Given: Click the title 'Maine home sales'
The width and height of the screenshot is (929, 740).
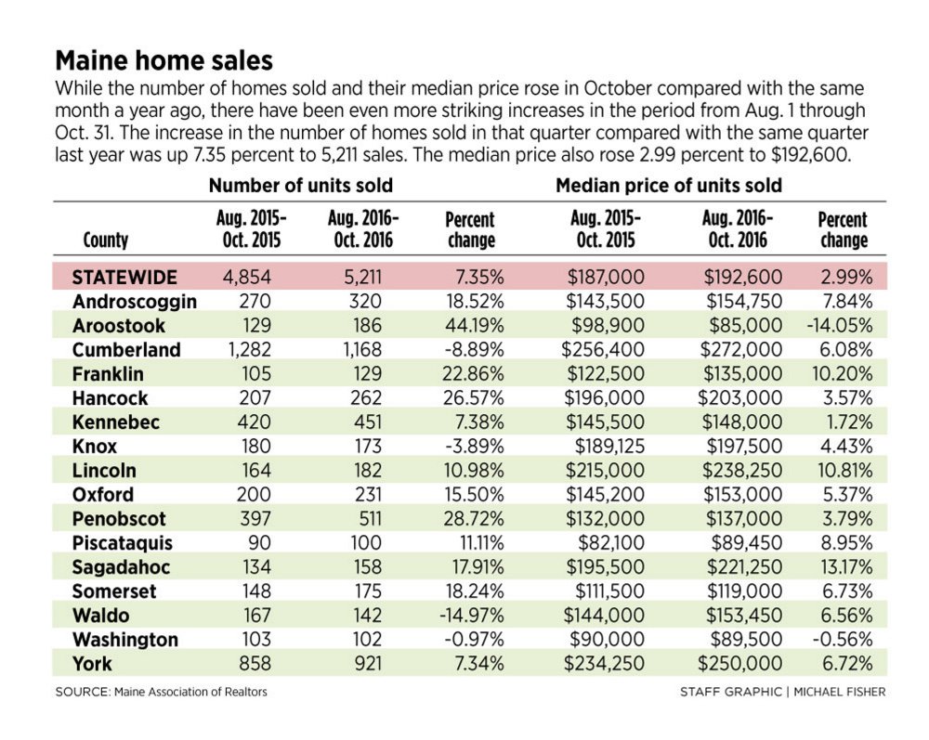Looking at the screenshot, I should pyautogui.click(x=164, y=61).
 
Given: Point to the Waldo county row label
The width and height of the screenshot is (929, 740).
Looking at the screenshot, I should pyautogui.click(x=100, y=616).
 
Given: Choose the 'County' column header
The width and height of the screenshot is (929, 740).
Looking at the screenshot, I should pyautogui.click(x=106, y=240).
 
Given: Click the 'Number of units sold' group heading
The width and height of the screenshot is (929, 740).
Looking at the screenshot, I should pyautogui.click(x=300, y=186).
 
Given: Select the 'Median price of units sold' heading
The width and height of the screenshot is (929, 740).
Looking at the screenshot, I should pyautogui.click(x=668, y=186).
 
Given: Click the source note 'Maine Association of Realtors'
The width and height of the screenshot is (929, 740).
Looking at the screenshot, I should pyautogui.click(x=190, y=691).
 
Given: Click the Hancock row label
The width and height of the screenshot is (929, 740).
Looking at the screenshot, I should pyautogui.click(x=109, y=398).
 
